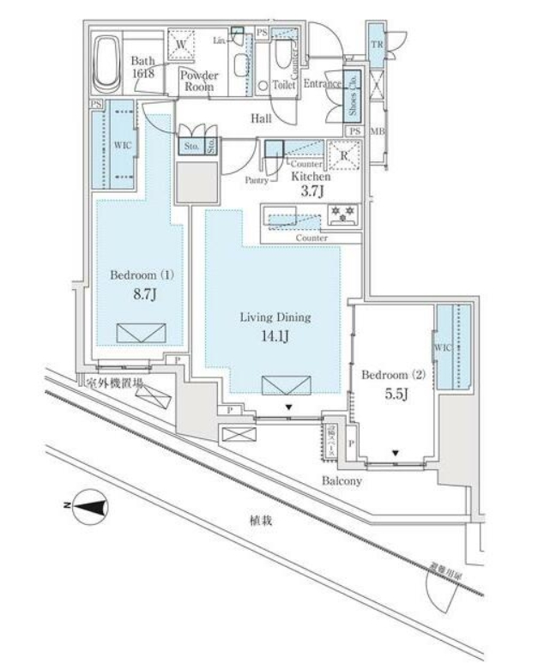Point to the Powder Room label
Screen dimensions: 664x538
[x=199, y=81]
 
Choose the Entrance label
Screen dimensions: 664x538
[x=323, y=84]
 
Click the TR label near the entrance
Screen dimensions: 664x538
[x=376, y=44]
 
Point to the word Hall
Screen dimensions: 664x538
[x=261, y=120]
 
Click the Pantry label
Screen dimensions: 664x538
[x=257, y=181]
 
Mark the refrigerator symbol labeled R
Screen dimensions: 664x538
[x=344, y=155]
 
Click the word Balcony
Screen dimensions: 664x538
[x=342, y=481]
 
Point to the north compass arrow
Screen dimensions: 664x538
[x=90, y=507]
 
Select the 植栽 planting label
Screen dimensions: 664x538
[x=261, y=521]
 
